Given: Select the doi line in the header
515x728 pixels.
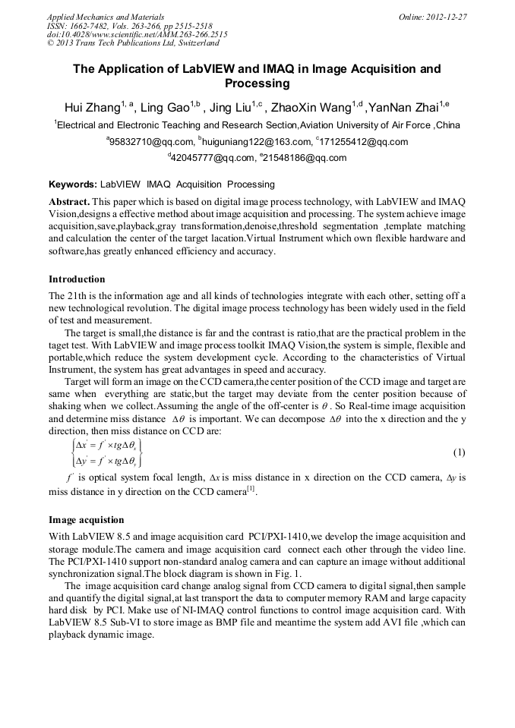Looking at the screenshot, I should point(137,34).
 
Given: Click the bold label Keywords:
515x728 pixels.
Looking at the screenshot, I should point(73,184).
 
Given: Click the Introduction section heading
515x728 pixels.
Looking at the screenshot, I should point(77,279).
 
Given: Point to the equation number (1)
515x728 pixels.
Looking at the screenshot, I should point(459,453).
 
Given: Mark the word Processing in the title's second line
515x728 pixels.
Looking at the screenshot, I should point(257,84).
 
